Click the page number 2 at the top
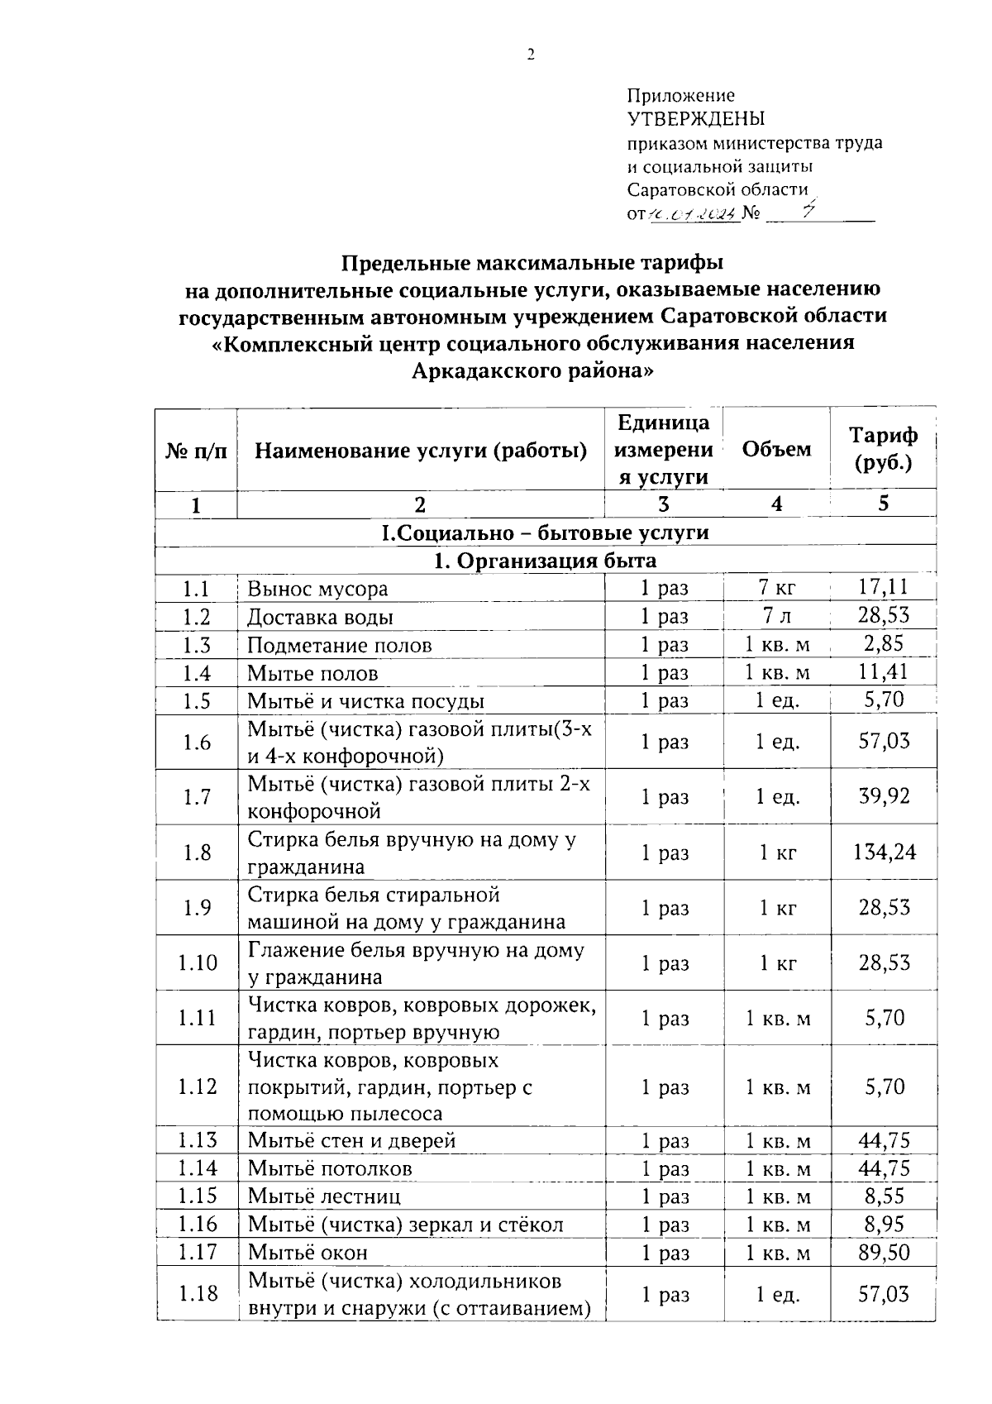(x=531, y=55)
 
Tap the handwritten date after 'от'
(x=692, y=214)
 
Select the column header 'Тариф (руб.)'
(x=883, y=449)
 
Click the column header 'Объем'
(x=776, y=449)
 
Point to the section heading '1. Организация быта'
(x=546, y=561)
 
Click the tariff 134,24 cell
(x=884, y=852)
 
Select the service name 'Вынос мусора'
(x=317, y=589)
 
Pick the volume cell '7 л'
(x=776, y=617)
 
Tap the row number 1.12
(x=197, y=1086)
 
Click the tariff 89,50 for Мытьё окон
(x=884, y=1252)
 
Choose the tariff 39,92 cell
(x=884, y=796)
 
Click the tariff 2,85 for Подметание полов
(x=884, y=644)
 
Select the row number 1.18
(x=197, y=1293)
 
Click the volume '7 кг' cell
(x=776, y=589)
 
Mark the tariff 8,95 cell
(x=884, y=1224)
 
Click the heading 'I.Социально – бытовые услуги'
(x=546, y=532)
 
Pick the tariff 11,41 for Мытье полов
(x=884, y=672)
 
